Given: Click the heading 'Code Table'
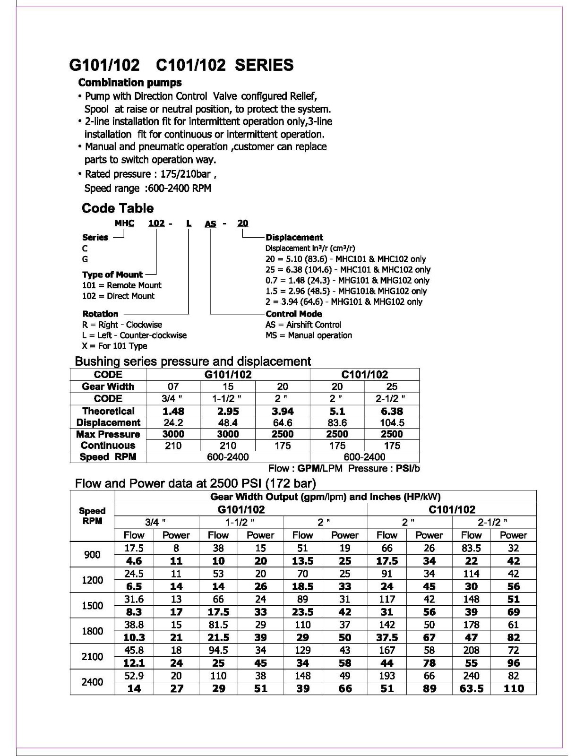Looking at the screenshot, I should (117, 208).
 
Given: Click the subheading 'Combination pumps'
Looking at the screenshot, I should (130, 83).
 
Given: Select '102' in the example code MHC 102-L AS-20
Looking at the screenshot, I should (156, 223).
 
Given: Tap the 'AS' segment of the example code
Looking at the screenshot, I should (210, 223).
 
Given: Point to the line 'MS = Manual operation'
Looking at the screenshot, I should (309, 335).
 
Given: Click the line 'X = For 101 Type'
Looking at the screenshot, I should (114, 346).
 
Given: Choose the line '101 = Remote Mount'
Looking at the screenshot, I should (121, 285).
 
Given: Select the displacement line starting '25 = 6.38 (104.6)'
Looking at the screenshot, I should (348, 270).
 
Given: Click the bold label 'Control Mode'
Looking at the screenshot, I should (293, 314).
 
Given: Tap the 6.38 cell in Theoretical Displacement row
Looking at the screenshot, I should (392, 411).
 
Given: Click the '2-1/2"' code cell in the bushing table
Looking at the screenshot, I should (392, 398).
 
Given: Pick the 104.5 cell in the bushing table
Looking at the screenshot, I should (392, 423).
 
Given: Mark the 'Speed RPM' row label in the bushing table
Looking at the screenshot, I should (108, 457).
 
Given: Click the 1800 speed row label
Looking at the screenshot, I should (92, 631).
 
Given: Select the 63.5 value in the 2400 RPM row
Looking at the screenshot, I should (471, 688).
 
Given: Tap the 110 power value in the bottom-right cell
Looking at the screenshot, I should (513, 688).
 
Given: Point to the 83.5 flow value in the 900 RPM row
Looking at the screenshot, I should (471, 548).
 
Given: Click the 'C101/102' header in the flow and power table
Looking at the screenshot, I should (452, 510).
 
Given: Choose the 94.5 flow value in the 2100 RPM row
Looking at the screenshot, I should (218, 650).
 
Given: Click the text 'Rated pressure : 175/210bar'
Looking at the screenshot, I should (147, 174).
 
